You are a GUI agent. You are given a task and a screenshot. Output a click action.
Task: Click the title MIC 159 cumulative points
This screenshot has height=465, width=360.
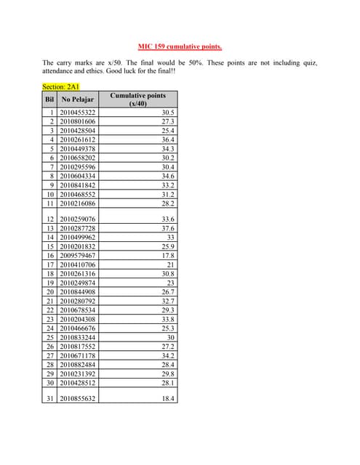[x=180, y=47]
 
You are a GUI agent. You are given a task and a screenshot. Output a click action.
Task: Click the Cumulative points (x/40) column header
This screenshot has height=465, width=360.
[x=137, y=100]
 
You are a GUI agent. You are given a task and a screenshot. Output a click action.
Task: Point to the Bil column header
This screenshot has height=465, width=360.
[x=50, y=100]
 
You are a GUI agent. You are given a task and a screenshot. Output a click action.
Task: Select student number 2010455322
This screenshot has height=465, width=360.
[x=78, y=113]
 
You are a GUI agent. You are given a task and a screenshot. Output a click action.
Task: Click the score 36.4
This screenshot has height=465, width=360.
[x=167, y=139]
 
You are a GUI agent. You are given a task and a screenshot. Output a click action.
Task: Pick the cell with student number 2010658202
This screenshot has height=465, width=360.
[x=78, y=158]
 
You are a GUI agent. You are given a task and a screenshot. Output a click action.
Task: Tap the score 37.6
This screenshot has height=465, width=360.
[x=167, y=228]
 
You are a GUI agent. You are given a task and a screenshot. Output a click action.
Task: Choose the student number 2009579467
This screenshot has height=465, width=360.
[x=78, y=256]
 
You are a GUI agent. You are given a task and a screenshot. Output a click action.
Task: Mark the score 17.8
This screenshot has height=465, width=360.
[x=167, y=256]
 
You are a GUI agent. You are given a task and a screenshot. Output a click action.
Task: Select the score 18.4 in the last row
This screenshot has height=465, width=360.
[x=167, y=399]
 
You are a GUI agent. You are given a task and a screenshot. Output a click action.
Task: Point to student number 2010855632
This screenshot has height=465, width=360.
[x=78, y=399]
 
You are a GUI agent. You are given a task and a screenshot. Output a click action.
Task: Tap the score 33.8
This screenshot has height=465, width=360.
[x=167, y=319]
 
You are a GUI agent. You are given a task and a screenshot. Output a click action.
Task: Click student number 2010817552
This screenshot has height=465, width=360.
[x=78, y=347]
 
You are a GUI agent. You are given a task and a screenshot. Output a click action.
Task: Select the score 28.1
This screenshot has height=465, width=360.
[x=167, y=383]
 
